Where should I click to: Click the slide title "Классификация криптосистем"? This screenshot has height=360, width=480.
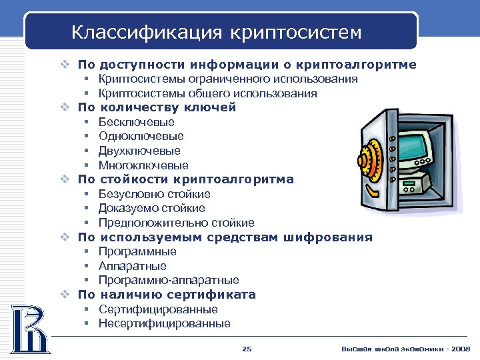point(217,32)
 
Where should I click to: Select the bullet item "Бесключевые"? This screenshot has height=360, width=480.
point(136,122)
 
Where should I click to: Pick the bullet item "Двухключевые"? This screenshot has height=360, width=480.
point(139,151)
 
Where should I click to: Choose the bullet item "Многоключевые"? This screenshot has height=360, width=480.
point(143,165)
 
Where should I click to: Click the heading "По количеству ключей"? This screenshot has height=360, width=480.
point(157,107)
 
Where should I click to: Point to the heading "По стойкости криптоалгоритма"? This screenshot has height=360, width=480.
point(185,179)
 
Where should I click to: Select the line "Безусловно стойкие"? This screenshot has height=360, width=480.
point(154,194)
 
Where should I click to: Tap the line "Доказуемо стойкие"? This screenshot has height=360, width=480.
point(151,209)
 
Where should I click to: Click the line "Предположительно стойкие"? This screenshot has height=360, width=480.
point(176,223)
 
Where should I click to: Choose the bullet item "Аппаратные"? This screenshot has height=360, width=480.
point(132,266)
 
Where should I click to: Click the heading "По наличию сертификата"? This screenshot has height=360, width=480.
point(167,295)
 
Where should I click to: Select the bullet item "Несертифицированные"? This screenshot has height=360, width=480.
point(164,324)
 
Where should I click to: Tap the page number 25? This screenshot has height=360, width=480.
point(247,349)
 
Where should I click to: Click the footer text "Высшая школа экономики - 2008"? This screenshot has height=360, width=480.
point(405,349)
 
